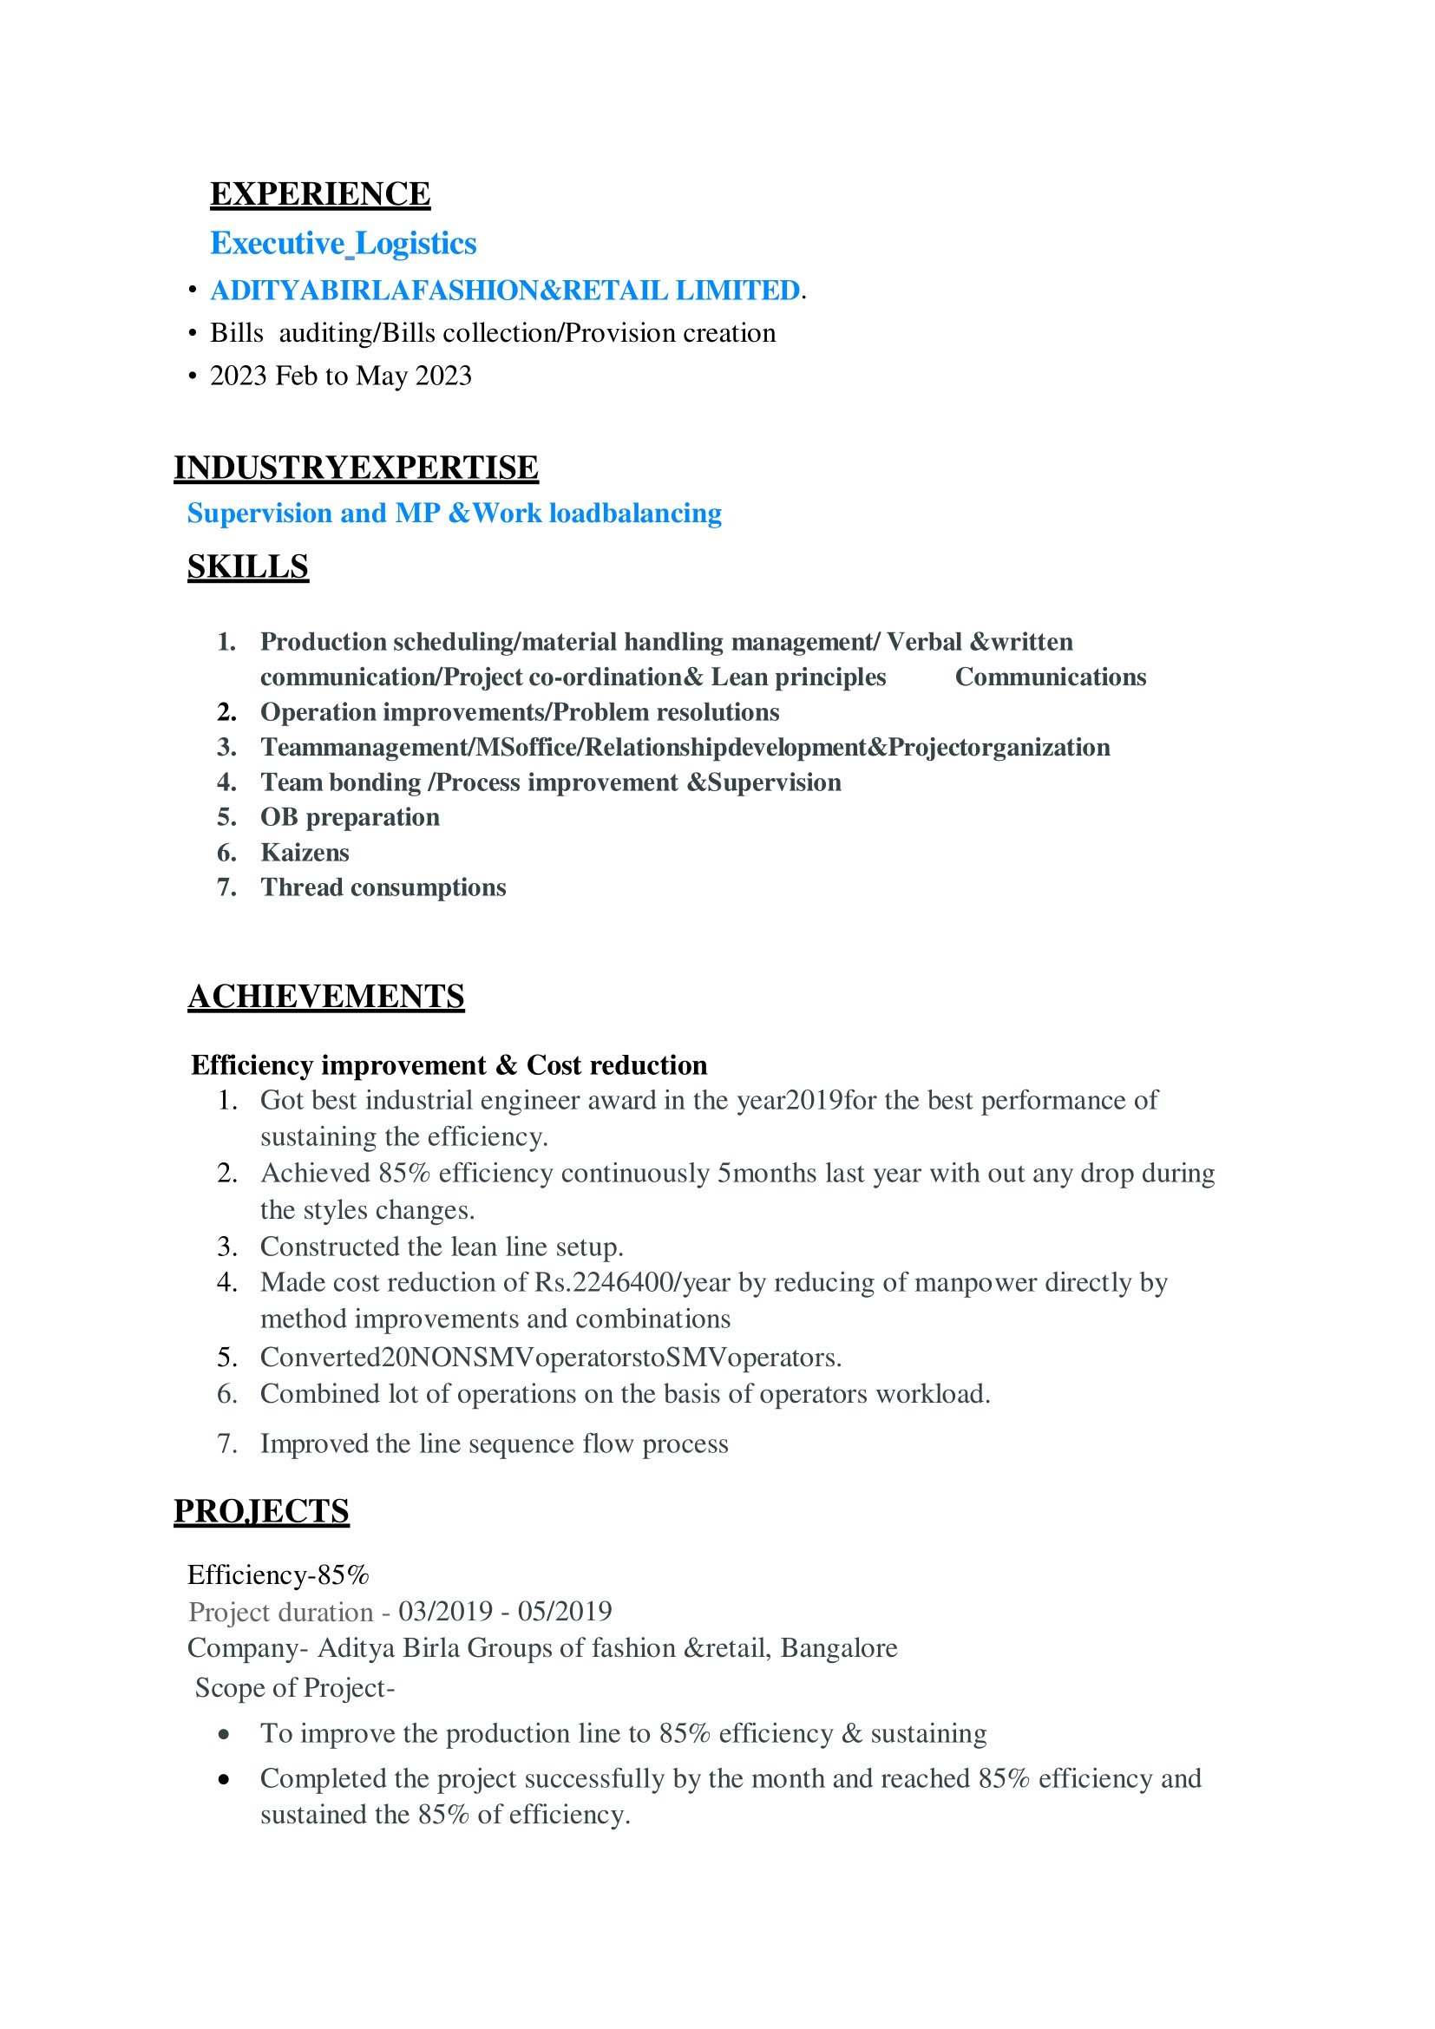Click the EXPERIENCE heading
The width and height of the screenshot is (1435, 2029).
click(320, 194)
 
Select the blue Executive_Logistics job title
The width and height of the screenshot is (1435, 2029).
click(343, 243)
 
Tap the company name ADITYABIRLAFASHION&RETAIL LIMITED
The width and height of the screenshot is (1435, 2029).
click(505, 290)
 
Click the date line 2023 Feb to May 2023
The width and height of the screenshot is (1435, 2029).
click(340, 376)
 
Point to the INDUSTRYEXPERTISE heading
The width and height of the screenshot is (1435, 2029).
click(355, 468)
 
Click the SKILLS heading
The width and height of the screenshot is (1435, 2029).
click(247, 566)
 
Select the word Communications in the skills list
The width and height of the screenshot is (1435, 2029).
click(1050, 677)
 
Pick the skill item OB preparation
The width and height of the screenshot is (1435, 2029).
click(349, 817)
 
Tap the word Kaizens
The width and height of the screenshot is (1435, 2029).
click(305, 853)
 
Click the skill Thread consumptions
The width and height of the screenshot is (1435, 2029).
click(383, 887)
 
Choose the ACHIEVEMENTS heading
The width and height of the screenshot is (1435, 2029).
click(325, 996)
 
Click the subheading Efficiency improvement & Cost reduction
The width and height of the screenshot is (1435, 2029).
click(449, 1065)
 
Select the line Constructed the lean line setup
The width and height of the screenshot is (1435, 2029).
click(442, 1246)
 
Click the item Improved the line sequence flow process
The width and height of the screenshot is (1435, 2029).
click(494, 1443)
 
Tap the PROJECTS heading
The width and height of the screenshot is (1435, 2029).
click(260, 1511)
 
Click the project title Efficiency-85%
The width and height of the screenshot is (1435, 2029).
click(278, 1574)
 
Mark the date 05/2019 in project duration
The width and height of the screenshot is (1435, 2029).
click(565, 1611)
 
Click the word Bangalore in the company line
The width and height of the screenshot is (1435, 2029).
click(839, 1648)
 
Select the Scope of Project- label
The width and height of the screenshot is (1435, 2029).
click(294, 1688)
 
